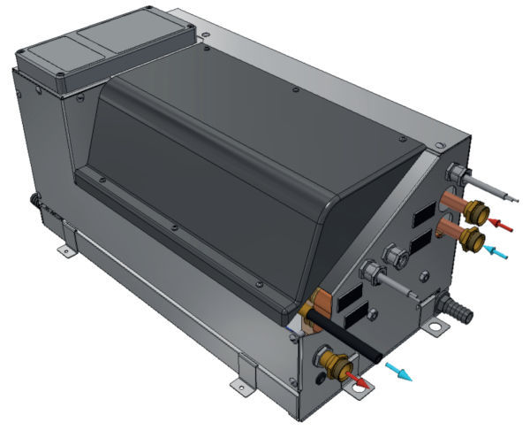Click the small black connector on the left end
point(36,203)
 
